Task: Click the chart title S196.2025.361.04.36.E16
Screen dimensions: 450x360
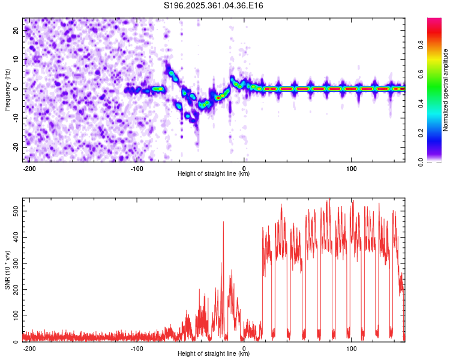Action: tap(213, 5)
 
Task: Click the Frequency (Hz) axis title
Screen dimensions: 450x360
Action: tap(7, 90)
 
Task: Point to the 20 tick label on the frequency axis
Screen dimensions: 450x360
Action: tap(16, 30)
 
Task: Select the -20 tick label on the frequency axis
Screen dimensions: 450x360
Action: tap(16, 147)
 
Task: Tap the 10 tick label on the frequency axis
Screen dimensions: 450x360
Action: tap(16, 59)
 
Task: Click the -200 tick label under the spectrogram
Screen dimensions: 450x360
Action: tap(29, 169)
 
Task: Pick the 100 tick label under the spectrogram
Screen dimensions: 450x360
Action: tap(351, 169)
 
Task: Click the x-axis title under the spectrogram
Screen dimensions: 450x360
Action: tap(214, 173)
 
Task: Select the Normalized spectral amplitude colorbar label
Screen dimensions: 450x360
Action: tap(445, 90)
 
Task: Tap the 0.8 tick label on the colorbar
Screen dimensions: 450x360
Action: tap(421, 45)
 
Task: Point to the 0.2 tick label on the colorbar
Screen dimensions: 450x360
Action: tap(421, 133)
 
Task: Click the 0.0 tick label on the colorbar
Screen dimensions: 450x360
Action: tap(421, 163)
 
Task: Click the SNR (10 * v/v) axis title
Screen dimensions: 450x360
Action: tap(7, 270)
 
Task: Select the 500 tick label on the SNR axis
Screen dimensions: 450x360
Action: tap(16, 211)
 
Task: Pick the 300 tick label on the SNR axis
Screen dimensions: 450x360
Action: tap(16, 263)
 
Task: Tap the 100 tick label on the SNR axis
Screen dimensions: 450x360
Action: tap(16, 316)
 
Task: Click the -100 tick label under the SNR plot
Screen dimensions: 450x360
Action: tap(137, 349)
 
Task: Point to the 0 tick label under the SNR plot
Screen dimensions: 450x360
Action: tap(244, 349)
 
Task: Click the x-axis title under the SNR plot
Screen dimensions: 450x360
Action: tap(214, 353)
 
